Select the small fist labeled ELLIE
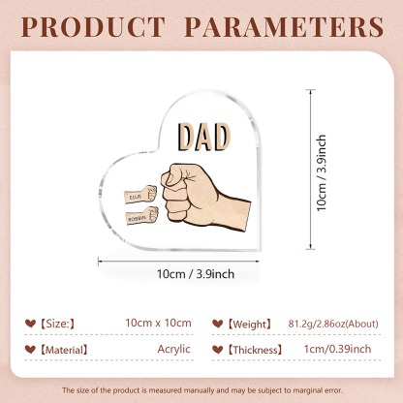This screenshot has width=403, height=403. point(139,179)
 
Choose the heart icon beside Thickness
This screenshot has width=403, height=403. point(221,347)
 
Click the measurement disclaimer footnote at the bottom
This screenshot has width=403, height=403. point(201,389)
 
